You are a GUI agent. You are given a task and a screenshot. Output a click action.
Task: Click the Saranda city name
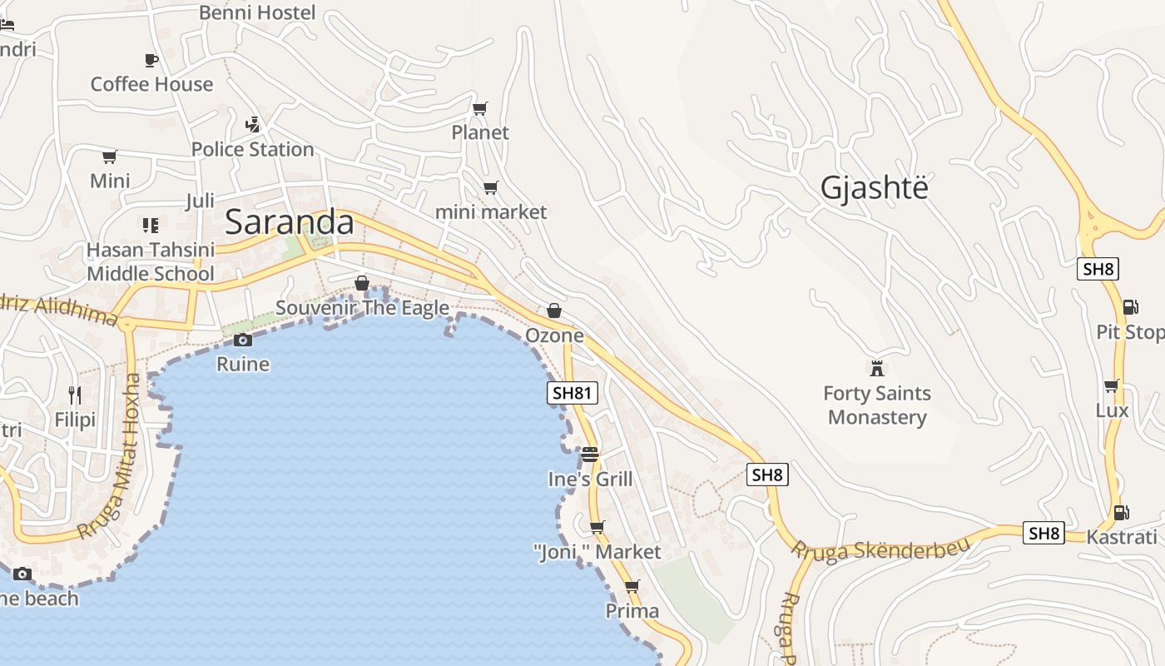[289, 222]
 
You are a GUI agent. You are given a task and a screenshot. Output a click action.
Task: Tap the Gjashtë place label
[874, 188]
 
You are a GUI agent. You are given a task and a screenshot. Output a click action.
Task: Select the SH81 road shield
[573, 393]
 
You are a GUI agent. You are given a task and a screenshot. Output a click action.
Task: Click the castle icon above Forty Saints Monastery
[876, 368]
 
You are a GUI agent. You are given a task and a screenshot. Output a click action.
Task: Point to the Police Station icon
[252, 125]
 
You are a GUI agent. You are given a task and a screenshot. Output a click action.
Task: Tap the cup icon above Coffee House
[151, 60]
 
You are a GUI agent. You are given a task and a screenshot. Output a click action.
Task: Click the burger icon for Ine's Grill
[590, 455]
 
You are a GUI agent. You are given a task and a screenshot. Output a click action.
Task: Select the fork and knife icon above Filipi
[75, 395]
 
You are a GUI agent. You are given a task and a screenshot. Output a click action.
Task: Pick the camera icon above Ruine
[243, 340]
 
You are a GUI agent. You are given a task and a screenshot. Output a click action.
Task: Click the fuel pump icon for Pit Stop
[1130, 307]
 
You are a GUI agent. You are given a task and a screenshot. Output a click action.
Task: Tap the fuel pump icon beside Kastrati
[1122, 513]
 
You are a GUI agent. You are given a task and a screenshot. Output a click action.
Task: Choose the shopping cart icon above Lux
[1111, 386]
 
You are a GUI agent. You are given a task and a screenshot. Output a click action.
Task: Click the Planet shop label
[480, 132]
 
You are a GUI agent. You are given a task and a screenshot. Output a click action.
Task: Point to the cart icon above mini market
[491, 187]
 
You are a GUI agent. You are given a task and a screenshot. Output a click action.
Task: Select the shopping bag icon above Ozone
[554, 311]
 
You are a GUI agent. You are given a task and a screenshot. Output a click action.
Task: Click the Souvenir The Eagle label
[362, 308]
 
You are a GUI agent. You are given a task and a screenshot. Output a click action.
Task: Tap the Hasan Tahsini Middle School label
[151, 261]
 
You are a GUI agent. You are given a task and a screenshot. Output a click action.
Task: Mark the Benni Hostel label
[257, 12]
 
